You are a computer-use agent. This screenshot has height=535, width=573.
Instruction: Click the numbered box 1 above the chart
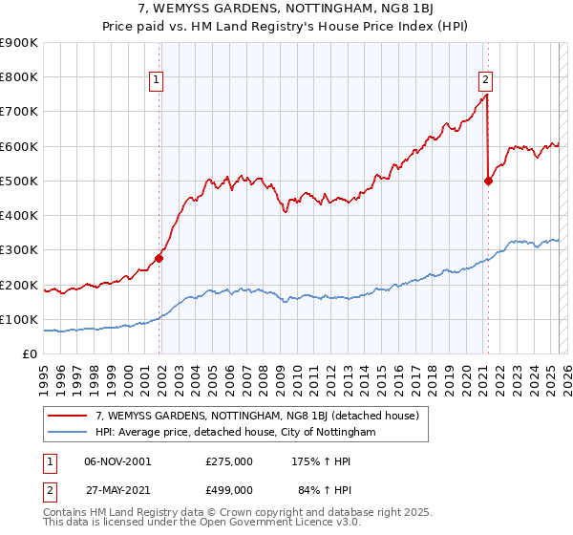(x=156, y=80)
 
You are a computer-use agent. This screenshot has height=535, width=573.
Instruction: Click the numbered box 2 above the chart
(x=486, y=80)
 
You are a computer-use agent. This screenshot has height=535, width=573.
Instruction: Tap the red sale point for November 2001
(x=159, y=258)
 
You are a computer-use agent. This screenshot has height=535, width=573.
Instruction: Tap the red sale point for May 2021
(x=489, y=181)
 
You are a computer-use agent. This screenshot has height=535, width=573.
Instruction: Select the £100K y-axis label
(x=20, y=319)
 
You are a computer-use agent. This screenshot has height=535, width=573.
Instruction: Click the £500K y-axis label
(x=20, y=181)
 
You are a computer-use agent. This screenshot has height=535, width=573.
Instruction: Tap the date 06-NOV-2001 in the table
(x=117, y=460)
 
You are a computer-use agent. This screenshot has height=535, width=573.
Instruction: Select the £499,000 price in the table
(x=229, y=489)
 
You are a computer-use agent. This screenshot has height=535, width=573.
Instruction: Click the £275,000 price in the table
(x=229, y=460)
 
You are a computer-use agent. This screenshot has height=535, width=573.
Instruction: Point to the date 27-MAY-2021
(x=117, y=489)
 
